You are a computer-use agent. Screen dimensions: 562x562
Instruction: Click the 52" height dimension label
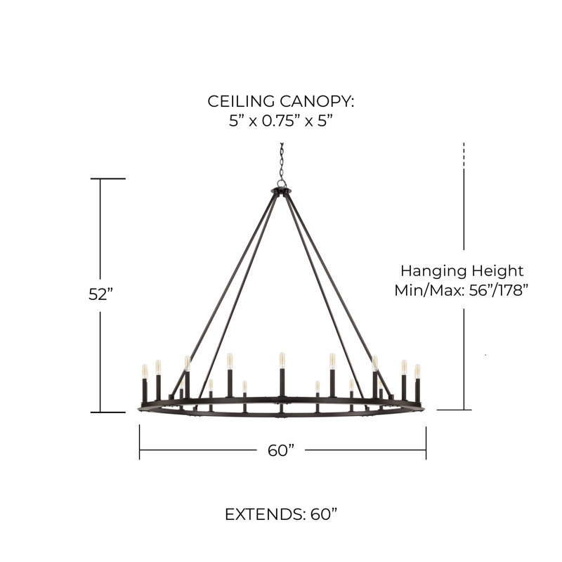(100, 294)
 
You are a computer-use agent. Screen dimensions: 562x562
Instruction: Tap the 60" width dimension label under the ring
(281, 450)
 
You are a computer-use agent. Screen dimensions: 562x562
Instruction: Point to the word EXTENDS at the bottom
(264, 514)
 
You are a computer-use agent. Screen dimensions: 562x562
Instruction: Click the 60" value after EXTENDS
(324, 514)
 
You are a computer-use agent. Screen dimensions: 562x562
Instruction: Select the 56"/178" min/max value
(499, 290)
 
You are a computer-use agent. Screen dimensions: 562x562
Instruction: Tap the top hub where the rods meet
(282, 191)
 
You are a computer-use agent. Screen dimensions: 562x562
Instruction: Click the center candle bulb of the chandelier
(282, 360)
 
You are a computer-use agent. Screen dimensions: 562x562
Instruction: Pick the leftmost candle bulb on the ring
(145, 372)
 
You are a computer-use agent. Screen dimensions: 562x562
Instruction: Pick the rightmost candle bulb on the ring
(417, 372)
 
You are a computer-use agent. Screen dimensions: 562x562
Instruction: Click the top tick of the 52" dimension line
(107, 178)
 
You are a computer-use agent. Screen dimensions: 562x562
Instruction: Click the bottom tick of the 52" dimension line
(107, 412)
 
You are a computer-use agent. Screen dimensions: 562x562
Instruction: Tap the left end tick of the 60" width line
(139, 443)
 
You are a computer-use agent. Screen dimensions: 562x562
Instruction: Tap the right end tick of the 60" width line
(426, 443)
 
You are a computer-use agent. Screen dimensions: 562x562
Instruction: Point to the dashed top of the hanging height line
(464, 154)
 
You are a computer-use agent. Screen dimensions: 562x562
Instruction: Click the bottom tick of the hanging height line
(454, 410)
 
